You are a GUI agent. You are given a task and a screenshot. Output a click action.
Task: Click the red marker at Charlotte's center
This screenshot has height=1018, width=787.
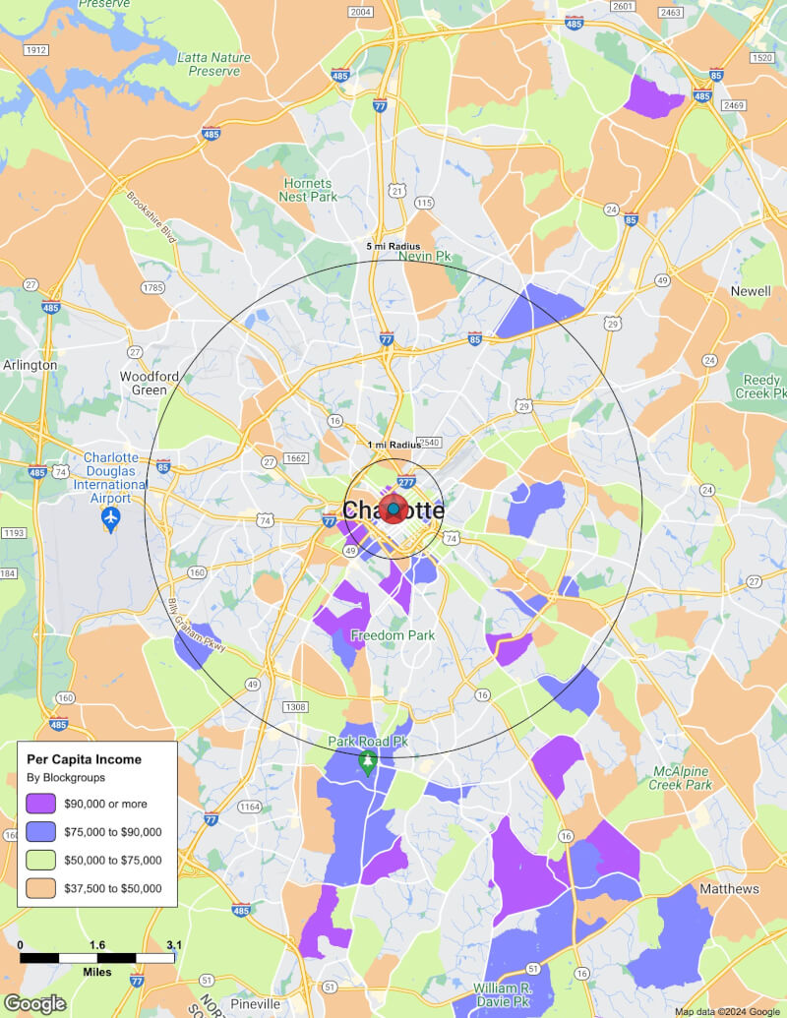(393, 509)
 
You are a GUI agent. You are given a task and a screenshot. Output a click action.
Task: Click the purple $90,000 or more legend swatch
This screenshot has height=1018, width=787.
(41, 804)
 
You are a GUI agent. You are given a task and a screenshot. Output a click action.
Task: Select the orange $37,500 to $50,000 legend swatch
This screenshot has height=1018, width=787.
(41, 888)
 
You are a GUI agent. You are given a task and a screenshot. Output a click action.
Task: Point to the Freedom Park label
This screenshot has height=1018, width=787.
(393, 635)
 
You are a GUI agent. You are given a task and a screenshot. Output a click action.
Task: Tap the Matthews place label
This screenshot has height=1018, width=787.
(729, 889)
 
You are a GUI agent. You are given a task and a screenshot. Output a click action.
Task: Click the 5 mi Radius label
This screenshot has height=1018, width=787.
(393, 246)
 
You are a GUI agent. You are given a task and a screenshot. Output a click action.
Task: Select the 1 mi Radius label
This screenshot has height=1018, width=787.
(393, 446)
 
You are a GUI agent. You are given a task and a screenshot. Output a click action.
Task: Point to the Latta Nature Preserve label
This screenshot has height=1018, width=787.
(214, 65)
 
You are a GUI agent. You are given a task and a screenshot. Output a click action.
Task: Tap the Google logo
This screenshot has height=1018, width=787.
(34, 1003)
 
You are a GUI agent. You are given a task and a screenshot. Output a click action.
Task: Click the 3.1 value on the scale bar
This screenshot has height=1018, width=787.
(174, 945)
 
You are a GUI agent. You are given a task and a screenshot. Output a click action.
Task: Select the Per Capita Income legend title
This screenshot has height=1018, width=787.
(84, 759)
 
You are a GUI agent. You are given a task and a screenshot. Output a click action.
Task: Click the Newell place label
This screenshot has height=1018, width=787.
(751, 292)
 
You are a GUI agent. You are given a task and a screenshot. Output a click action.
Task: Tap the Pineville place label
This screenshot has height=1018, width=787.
(256, 1004)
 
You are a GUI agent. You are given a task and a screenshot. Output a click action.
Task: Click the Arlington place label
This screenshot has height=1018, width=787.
(30, 365)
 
